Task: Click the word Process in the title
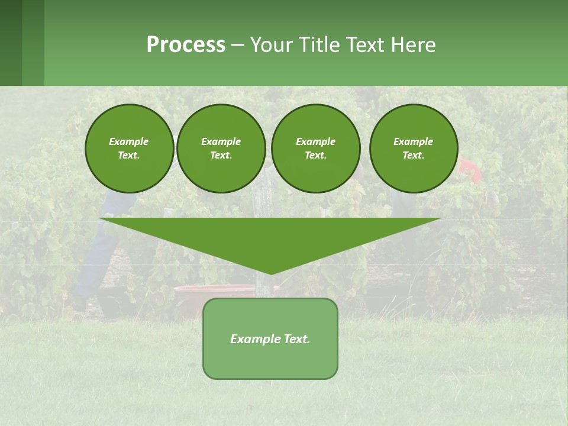tap(186, 45)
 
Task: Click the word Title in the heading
tap(320, 45)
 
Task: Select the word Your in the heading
tap(273, 45)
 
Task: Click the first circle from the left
tap(129, 149)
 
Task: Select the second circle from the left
tap(221, 149)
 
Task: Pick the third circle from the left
tap(315, 149)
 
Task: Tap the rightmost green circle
tap(413, 149)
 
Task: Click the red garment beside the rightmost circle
tap(470, 170)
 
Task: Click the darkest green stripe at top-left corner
tap(11, 43)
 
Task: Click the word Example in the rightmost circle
tap(413, 141)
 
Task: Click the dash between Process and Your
tap(237, 45)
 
